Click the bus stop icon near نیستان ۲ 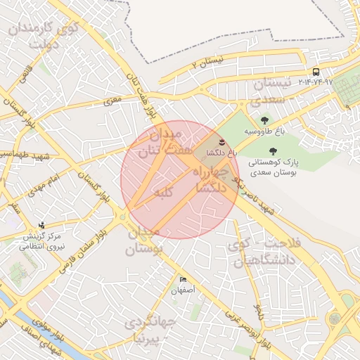[x=316, y=72]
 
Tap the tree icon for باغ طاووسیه [x=264, y=120]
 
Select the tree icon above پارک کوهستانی [x=272, y=150]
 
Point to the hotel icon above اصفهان [x=184, y=279]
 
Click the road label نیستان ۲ [x=207, y=64]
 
